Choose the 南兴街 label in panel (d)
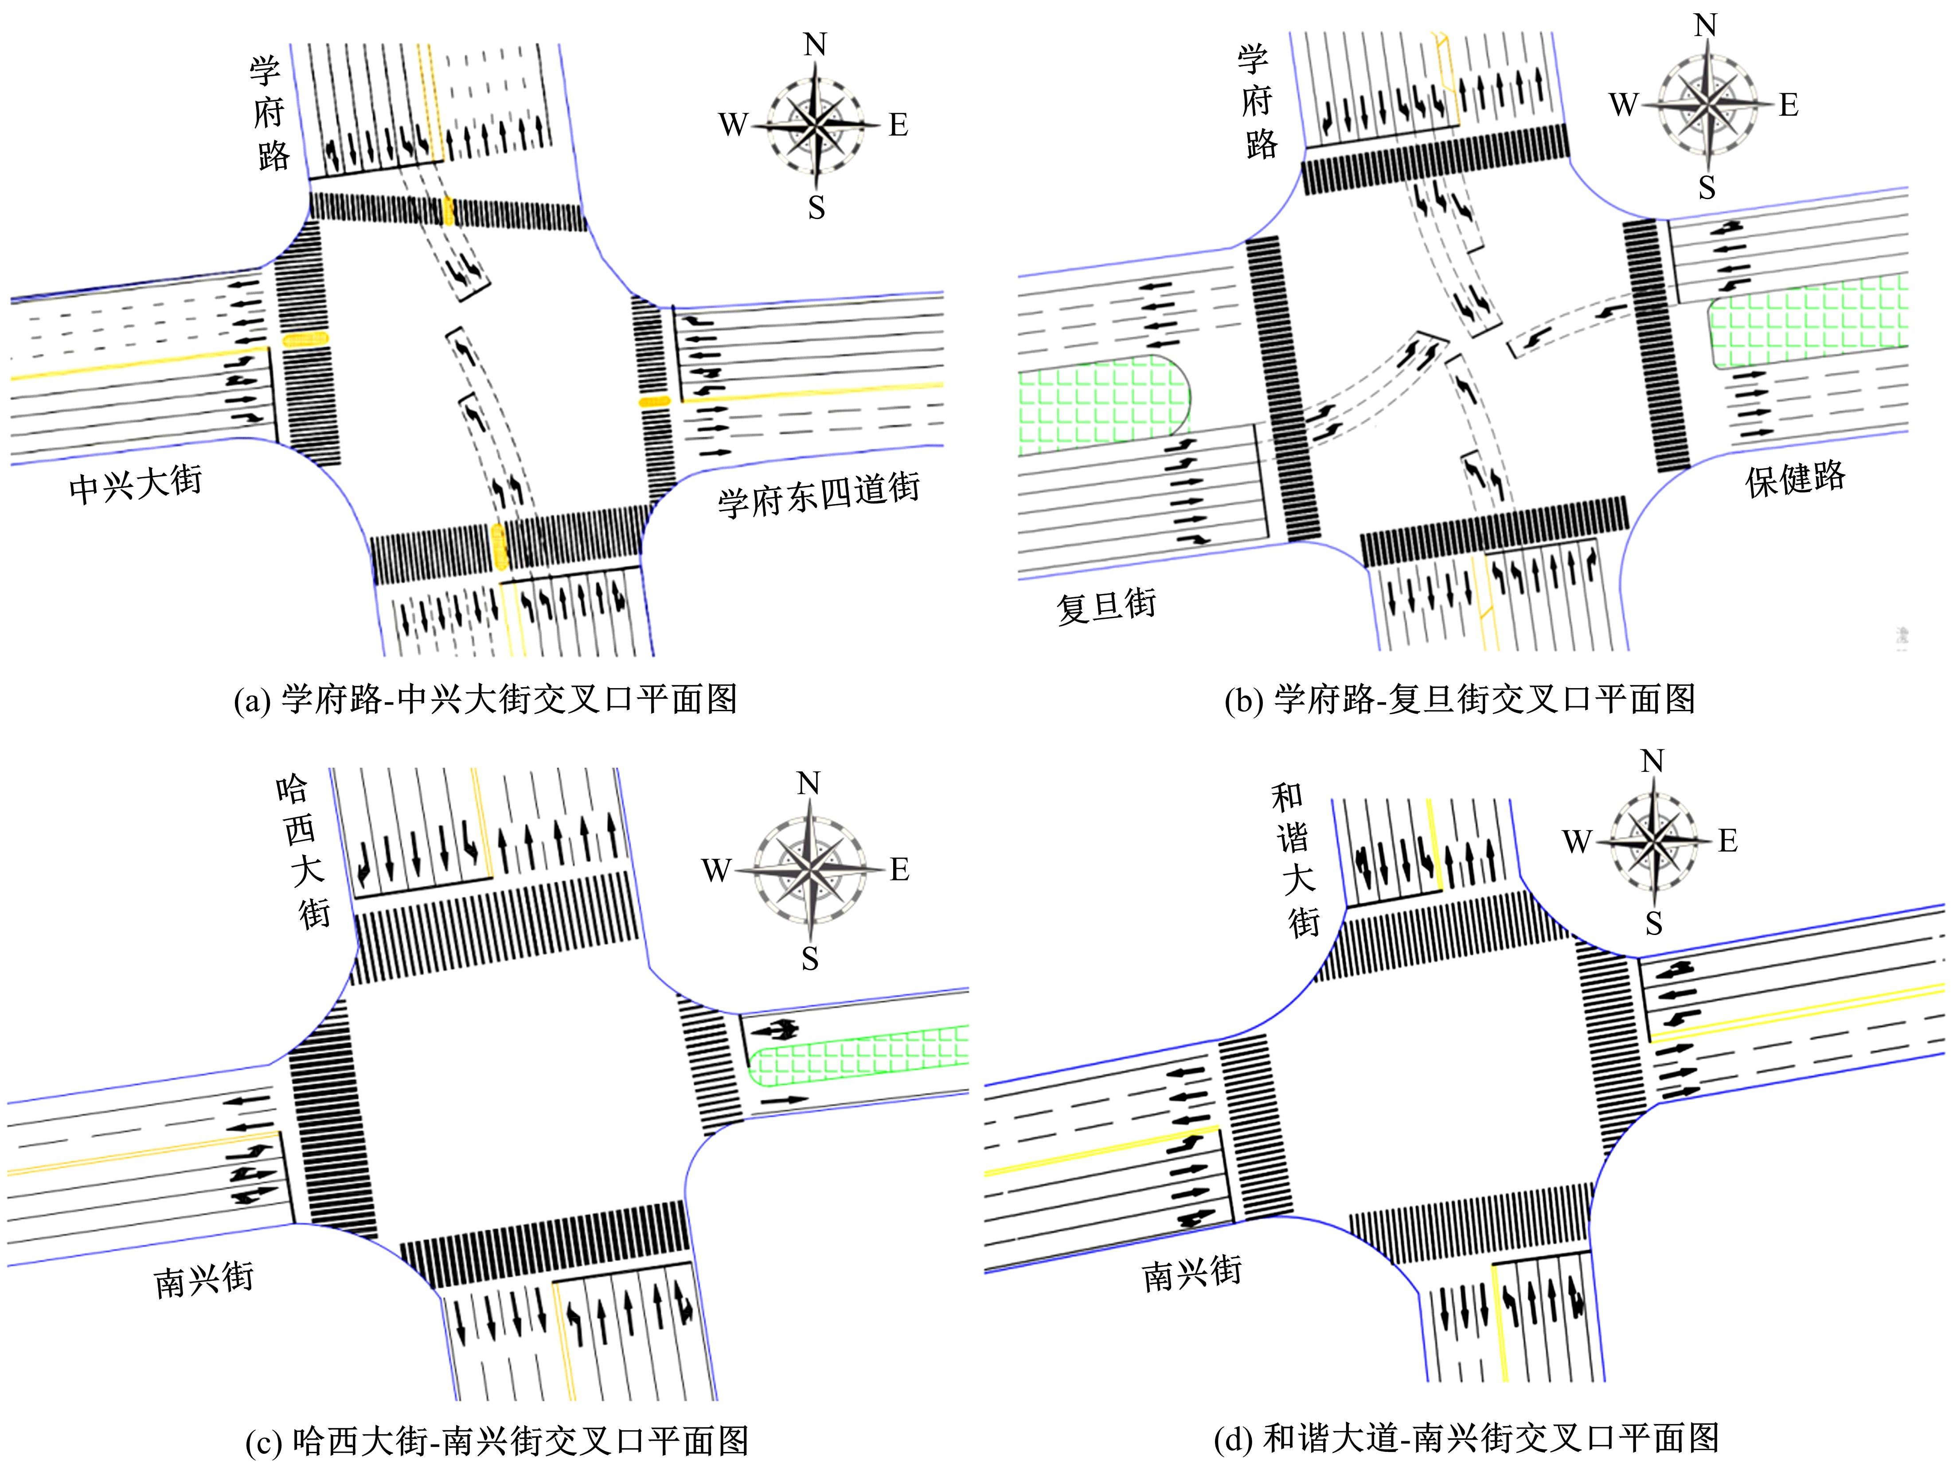tap(1192, 1273)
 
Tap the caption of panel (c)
tap(497, 1442)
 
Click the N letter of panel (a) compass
tap(815, 44)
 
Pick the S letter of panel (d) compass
tap(1654, 923)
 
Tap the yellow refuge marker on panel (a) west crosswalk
tap(305, 339)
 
